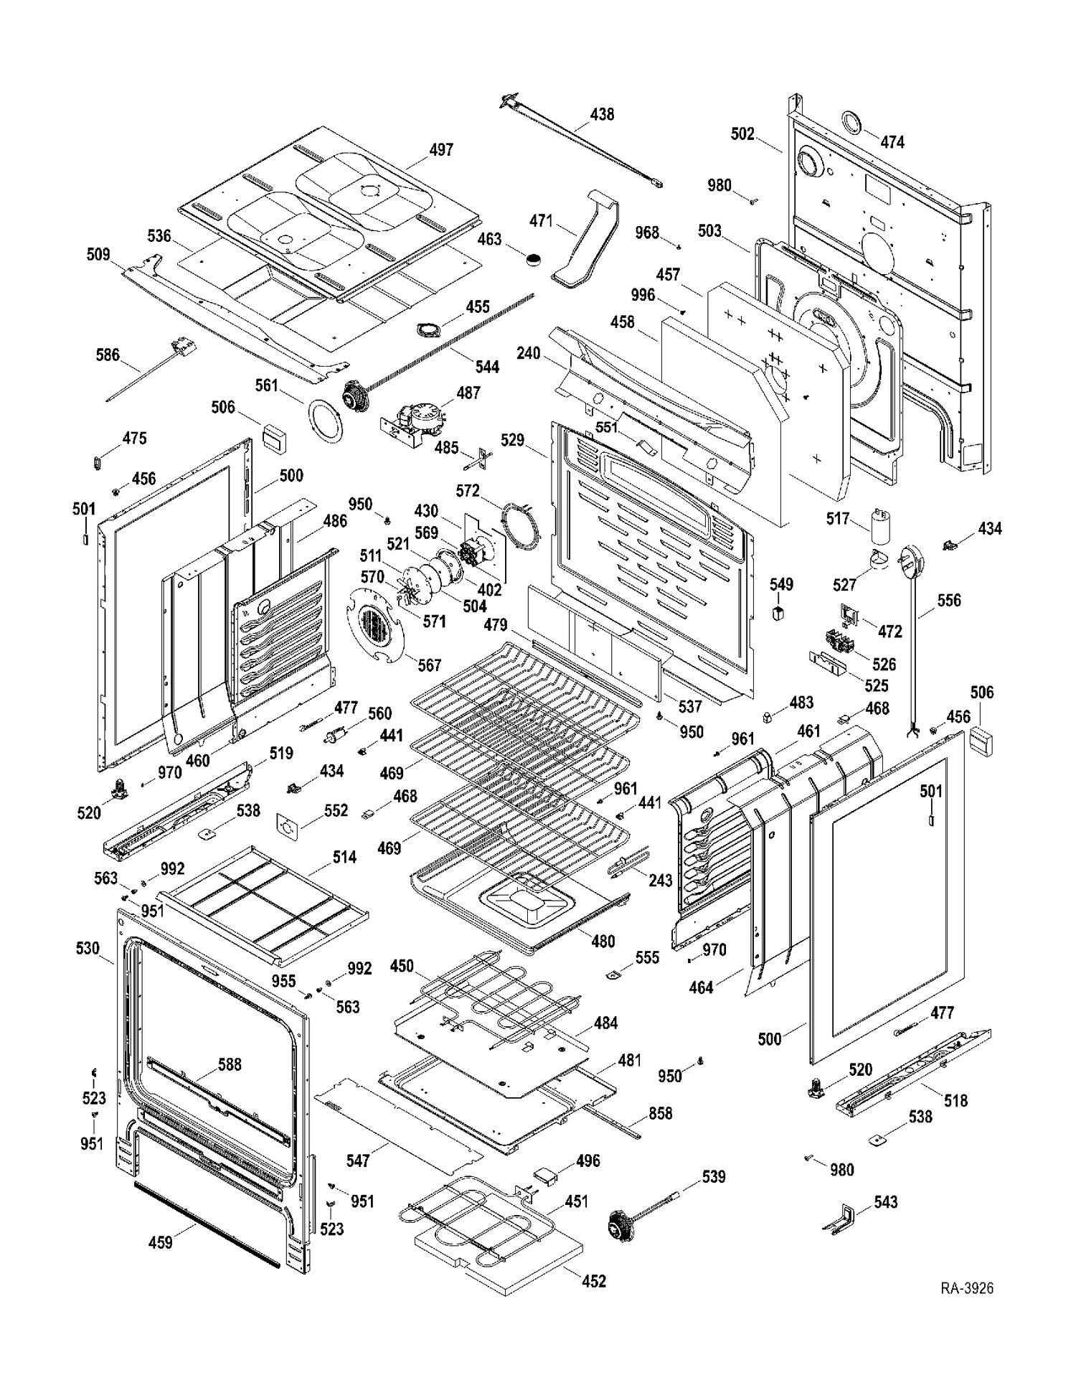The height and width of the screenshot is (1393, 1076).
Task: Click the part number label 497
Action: pyautogui.click(x=441, y=149)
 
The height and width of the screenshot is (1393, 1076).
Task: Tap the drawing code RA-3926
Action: pyautogui.click(x=967, y=1288)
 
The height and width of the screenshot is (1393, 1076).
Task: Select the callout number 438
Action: pyautogui.click(x=602, y=114)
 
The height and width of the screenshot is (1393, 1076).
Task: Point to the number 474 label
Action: pyautogui.click(x=892, y=142)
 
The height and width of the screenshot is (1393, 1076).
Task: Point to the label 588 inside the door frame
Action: pyautogui.click(x=230, y=1064)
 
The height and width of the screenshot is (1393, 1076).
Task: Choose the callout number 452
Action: pyautogui.click(x=594, y=1280)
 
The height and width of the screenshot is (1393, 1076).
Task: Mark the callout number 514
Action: pyautogui.click(x=344, y=857)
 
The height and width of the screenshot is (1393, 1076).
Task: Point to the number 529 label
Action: pyautogui.click(x=512, y=440)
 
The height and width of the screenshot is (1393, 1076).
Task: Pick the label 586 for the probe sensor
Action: pyautogui.click(x=108, y=355)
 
